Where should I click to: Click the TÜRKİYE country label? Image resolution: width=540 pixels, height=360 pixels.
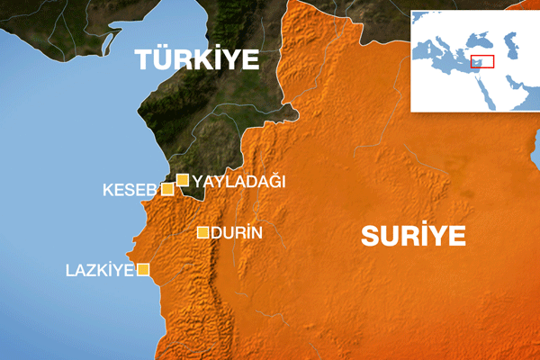196,59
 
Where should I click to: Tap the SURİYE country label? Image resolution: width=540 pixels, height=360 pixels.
413,236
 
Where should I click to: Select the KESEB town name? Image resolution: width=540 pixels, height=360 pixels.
130,190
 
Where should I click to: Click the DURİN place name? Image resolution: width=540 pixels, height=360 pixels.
236,233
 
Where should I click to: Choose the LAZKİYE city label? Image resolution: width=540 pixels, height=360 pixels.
99,269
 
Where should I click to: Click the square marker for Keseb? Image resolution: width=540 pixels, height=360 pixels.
166,189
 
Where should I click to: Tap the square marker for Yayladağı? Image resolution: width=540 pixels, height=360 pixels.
183,180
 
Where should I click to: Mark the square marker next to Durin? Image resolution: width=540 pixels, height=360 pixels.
203,233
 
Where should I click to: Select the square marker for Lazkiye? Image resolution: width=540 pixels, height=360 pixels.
142,269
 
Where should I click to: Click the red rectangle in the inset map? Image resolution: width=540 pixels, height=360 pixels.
483,62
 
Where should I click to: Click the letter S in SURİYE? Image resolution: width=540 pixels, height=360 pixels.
371,237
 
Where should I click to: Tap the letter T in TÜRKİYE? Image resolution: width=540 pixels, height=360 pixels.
143,59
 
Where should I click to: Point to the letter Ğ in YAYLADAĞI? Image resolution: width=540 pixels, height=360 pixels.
271,181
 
